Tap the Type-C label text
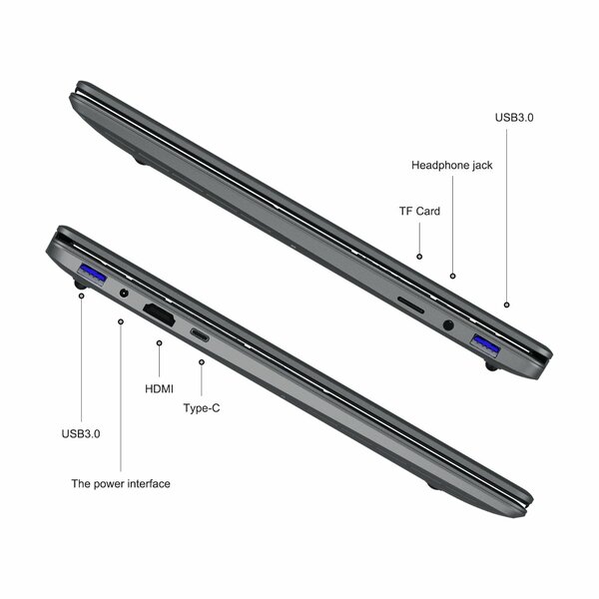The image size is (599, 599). pyautogui.click(x=202, y=408)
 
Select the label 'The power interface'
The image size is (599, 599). pyautogui.click(x=120, y=483)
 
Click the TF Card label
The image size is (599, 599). pyautogui.click(x=419, y=211)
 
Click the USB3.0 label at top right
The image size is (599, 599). pyautogui.click(x=514, y=117)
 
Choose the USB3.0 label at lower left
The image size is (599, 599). pyautogui.click(x=81, y=433)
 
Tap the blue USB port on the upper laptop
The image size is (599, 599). pyautogui.click(x=486, y=345)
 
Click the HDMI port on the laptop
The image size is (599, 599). pyautogui.click(x=161, y=313)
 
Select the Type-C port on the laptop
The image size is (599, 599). pyautogui.click(x=200, y=334)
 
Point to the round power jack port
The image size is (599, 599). pyautogui.click(x=124, y=294)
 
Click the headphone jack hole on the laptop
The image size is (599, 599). pyautogui.click(x=446, y=323)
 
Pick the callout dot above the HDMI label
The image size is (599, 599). pyautogui.click(x=160, y=342)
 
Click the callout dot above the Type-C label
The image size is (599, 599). pyautogui.click(x=201, y=363)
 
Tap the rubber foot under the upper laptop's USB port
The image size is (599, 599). pyautogui.click(x=491, y=367)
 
